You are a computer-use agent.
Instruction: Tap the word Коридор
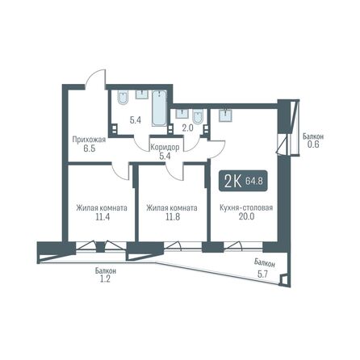click(165, 148)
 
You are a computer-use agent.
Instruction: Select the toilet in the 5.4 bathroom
click(123, 98)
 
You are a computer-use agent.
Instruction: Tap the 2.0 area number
click(187, 128)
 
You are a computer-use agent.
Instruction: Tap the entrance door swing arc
click(97, 77)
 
